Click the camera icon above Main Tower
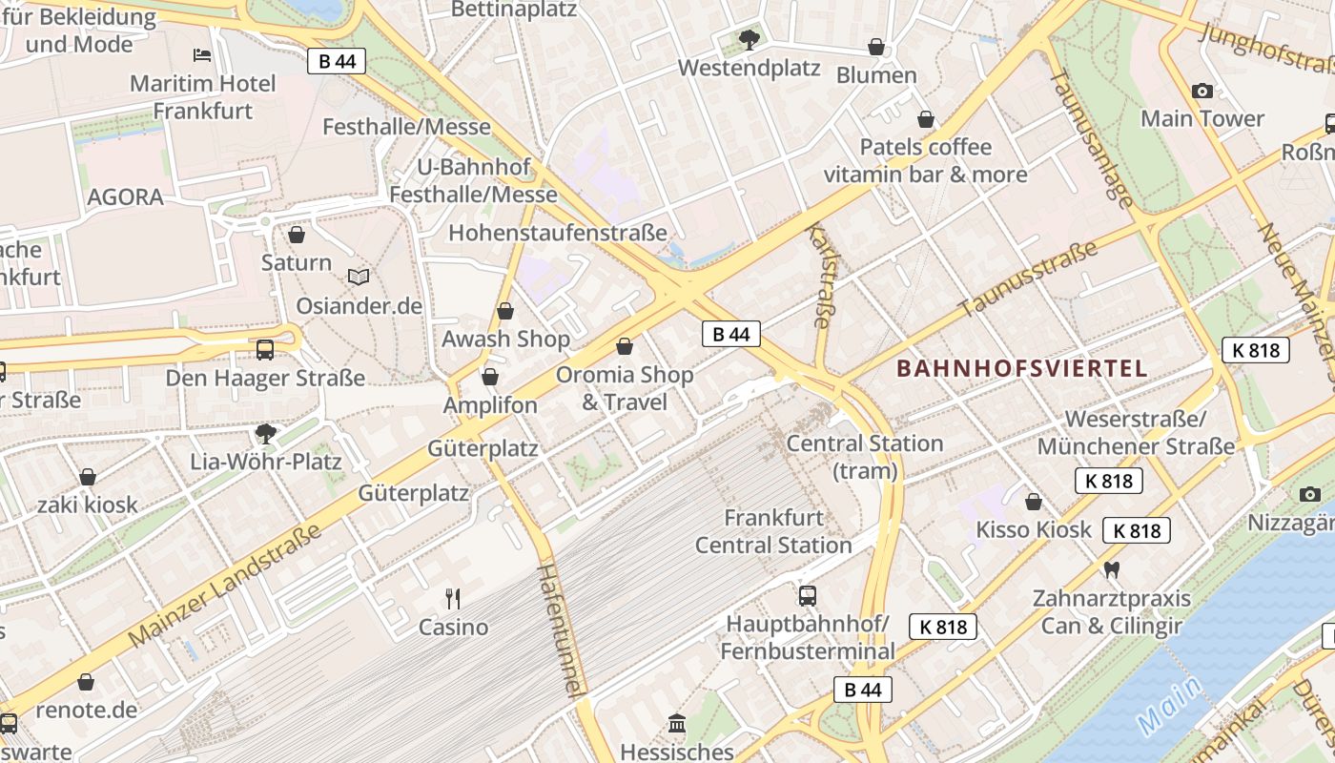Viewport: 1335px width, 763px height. click(1202, 91)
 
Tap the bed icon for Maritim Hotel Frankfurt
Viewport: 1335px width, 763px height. click(202, 55)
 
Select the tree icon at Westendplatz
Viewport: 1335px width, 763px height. click(749, 39)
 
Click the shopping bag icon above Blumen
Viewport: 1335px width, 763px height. click(875, 47)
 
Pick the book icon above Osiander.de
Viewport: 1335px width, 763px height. click(359, 277)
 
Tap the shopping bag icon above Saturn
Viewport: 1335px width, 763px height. click(297, 234)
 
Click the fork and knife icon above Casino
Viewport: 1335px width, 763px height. click(453, 599)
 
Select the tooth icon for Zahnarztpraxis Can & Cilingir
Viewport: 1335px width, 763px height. click(1111, 570)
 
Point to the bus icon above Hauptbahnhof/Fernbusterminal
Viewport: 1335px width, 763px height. click(808, 596)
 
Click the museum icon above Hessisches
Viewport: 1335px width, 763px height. click(677, 723)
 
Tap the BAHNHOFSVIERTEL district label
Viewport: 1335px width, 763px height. click(1022, 368)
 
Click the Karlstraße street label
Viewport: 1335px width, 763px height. click(819, 275)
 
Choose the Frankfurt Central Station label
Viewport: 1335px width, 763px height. click(773, 531)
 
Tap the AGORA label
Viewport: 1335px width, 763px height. click(125, 197)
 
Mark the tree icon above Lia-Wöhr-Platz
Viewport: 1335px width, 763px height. click(266, 434)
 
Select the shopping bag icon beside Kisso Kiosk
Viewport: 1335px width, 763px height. click(1034, 502)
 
